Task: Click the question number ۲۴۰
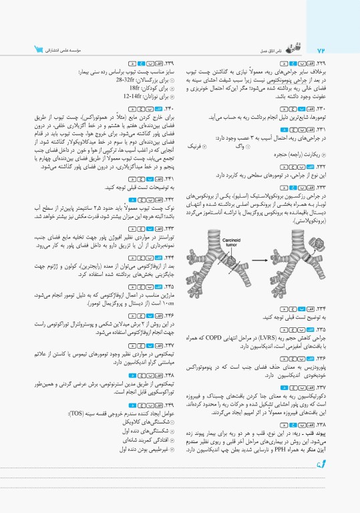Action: pyautogui.click(x=170, y=108)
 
